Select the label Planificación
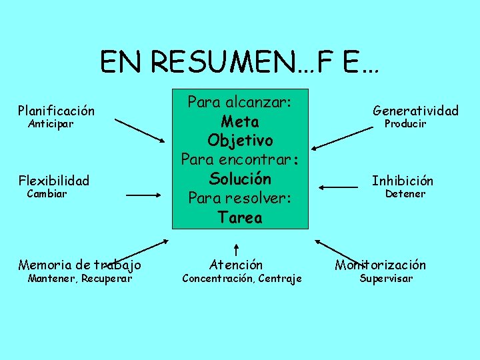[x=56, y=110]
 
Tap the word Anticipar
[x=51, y=124]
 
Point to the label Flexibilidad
[x=54, y=180]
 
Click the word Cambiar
[x=47, y=194]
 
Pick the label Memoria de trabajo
[x=79, y=265]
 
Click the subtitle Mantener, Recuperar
[x=79, y=278]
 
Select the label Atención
[x=236, y=265]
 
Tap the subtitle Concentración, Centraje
[x=242, y=278]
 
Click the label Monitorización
[x=380, y=265]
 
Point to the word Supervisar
[x=386, y=278]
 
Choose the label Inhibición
[x=402, y=180]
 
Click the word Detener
[x=405, y=194]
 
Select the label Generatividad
[x=415, y=110]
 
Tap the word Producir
[x=405, y=124]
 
